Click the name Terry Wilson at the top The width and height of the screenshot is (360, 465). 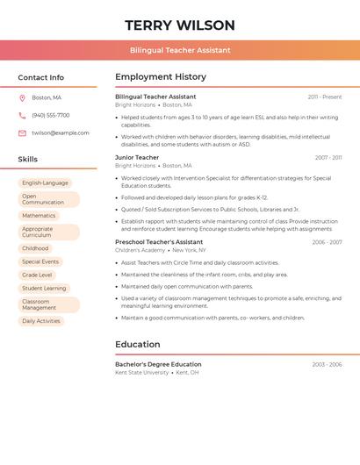pos(180,25)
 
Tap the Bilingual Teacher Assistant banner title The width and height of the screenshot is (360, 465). pos(180,50)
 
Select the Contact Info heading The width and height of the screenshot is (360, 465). pos(41,77)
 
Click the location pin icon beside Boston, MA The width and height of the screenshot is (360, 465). pos(22,97)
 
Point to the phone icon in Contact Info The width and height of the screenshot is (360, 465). pos(22,115)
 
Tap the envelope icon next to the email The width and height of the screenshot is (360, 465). pos(22,133)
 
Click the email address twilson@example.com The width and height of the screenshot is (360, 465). pos(61,133)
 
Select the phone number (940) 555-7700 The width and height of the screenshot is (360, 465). pos(50,115)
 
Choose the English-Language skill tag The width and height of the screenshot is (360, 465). pos(45,182)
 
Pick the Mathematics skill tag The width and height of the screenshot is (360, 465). pos(39,215)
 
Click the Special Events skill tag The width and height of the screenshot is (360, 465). pos(40,261)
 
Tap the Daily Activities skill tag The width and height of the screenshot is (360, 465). pos(41,321)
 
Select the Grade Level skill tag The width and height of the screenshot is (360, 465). pos(37,275)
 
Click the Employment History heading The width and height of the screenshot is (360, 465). pos(161,77)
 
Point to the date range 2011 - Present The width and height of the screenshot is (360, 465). pos(325,97)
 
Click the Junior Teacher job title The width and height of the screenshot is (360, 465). pos(137,158)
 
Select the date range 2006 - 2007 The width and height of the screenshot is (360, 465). pos(327,242)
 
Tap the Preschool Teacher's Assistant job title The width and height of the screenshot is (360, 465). pos(159,242)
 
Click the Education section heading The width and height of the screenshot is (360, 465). pos(138,344)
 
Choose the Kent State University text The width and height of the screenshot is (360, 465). pos(141,373)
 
